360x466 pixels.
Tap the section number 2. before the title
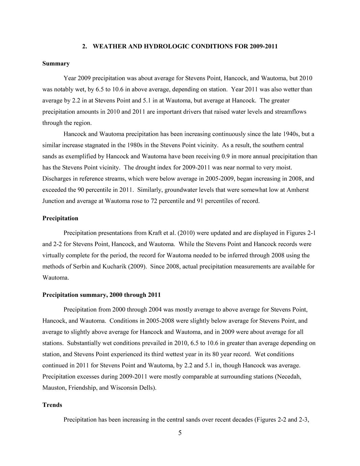point(85,46)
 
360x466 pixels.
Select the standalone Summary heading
point(56,63)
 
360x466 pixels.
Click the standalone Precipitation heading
point(60,218)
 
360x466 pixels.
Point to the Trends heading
point(52,405)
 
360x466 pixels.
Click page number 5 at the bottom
point(180,433)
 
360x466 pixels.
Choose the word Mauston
point(54,388)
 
